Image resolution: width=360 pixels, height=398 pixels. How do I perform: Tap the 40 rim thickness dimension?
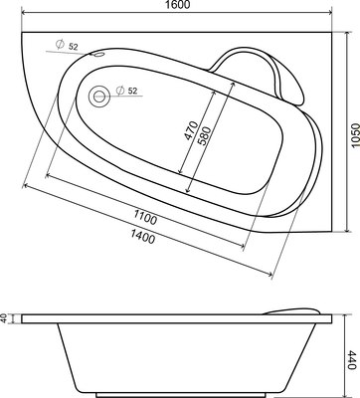point(5,318)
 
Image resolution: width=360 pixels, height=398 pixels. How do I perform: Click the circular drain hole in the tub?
point(99,97)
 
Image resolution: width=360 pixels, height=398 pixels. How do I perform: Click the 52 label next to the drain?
point(134,92)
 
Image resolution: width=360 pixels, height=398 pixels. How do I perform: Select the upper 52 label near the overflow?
point(73,47)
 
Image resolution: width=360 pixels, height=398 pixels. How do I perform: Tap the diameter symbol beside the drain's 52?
point(120,92)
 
